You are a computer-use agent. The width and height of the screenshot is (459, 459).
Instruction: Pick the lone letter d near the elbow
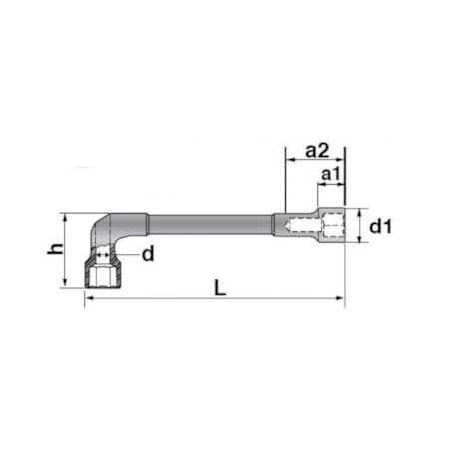pyautogui.click(x=147, y=254)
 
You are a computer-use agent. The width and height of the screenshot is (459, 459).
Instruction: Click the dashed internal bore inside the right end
pyautogui.click(x=299, y=227)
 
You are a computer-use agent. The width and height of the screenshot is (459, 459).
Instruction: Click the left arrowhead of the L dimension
pyautogui.click(x=89, y=297)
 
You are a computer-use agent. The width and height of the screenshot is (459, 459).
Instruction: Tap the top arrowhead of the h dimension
pyautogui.click(x=68, y=216)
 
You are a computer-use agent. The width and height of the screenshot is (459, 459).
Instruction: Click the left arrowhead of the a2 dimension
pyautogui.click(x=290, y=161)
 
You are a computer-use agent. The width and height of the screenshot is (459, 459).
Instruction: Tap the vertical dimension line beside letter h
pyautogui.click(x=68, y=249)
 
